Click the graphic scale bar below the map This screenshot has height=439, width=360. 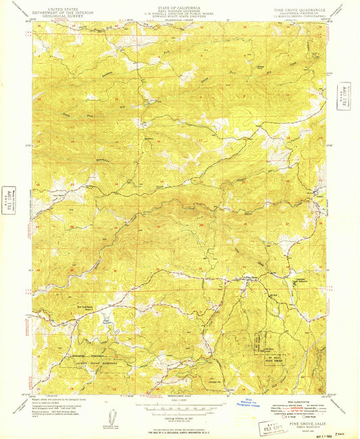(x=180, y=409)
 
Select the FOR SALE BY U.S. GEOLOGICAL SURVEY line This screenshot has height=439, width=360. (x=180, y=430)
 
